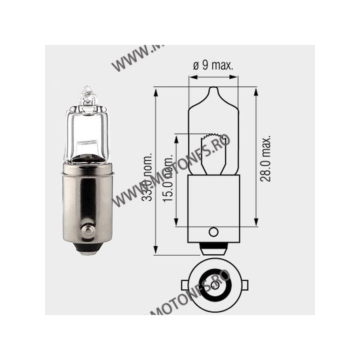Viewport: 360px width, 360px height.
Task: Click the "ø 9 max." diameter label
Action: [x=213, y=66]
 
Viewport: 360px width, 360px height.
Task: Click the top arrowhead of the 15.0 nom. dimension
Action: [x=177, y=137]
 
